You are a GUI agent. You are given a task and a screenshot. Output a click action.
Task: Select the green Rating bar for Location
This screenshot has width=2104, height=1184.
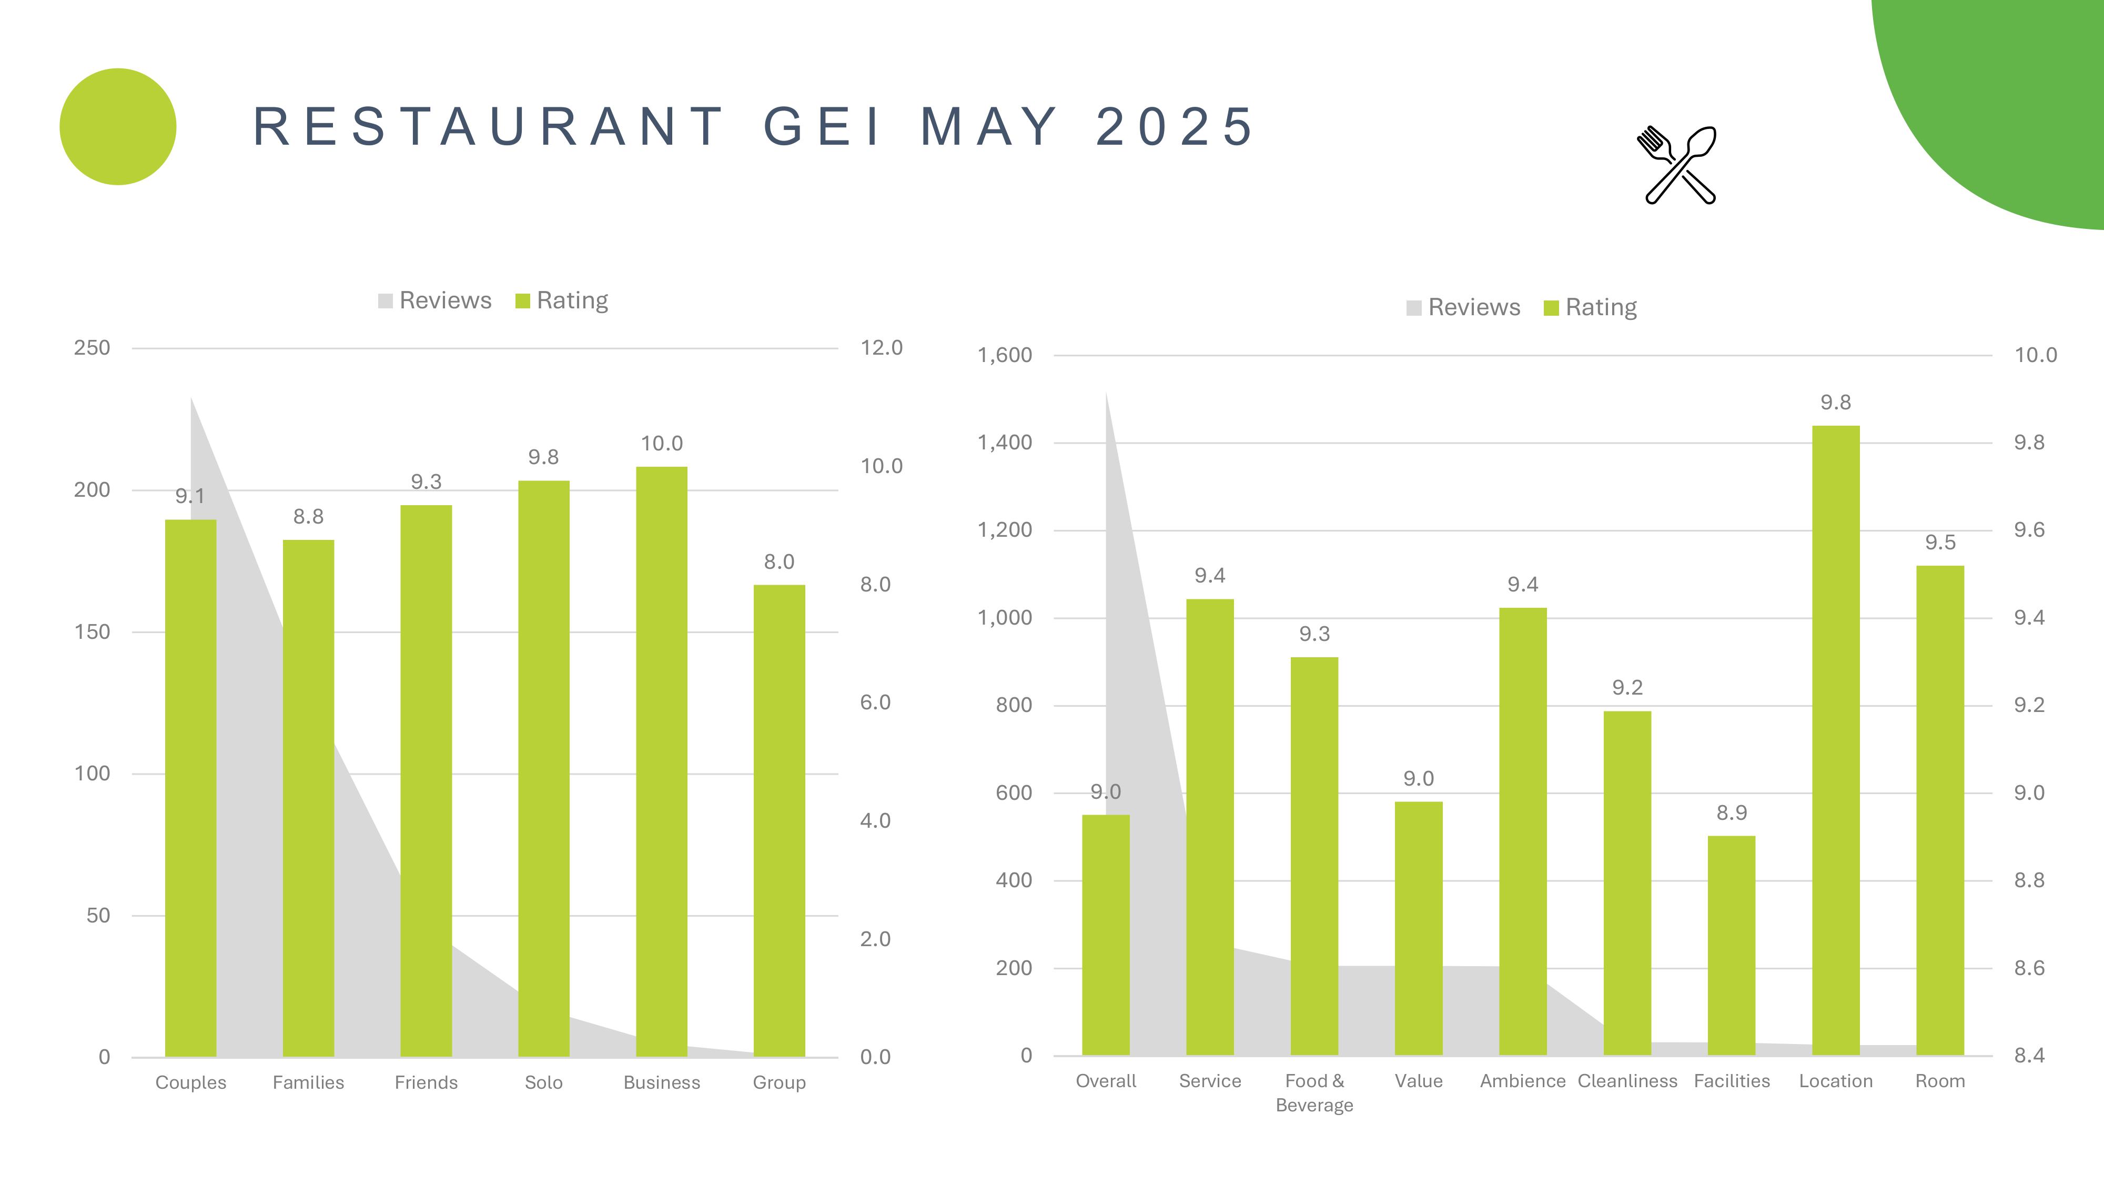coord(1835,739)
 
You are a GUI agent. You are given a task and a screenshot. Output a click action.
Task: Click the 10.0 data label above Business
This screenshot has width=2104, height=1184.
coord(662,444)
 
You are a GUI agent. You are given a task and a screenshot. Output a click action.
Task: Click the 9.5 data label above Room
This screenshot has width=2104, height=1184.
coord(1940,543)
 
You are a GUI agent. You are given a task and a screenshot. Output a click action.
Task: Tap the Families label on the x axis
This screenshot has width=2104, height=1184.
coord(308,1082)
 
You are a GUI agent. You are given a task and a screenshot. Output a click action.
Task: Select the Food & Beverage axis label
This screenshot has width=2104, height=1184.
coord(1314,1092)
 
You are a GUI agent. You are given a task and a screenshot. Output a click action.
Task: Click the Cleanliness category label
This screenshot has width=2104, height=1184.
coord(1627,1081)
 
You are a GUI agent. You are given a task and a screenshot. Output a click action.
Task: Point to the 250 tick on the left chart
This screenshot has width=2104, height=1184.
coord(92,348)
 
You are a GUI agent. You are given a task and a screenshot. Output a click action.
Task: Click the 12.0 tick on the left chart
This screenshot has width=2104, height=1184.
coord(881,348)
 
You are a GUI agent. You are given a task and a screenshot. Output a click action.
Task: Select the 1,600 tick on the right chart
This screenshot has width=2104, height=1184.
coord(1005,355)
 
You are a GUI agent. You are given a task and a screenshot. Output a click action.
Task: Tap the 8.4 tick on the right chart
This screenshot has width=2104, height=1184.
coord(2029,1056)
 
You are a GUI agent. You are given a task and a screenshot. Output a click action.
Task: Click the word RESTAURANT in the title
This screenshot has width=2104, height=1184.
coord(489,127)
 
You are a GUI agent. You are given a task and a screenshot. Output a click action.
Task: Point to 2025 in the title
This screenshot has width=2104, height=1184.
coord(1174,127)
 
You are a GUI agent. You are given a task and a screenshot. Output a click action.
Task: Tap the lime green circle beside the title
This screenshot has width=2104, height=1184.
coord(118,127)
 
